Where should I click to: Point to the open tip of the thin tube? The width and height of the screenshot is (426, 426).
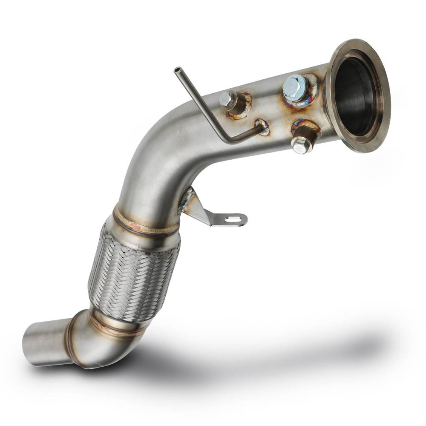pos(177,70)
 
